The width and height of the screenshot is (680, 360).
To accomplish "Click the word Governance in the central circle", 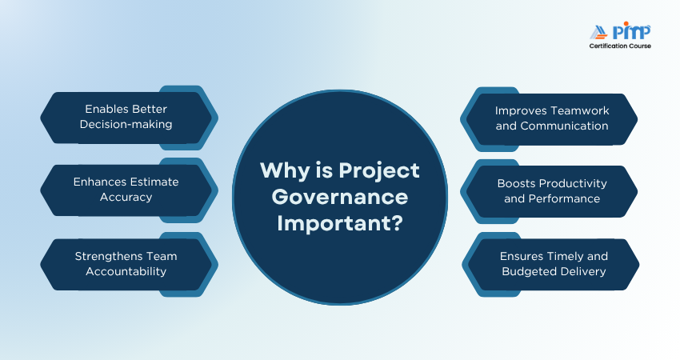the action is click(x=340, y=198).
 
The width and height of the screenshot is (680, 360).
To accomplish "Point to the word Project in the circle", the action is click(x=379, y=171).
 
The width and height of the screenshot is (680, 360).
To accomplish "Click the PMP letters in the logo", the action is click(x=631, y=31).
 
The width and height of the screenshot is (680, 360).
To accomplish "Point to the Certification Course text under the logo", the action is click(x=620, y=46).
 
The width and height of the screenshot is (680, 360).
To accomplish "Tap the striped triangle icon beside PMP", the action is click(x=599, y=33).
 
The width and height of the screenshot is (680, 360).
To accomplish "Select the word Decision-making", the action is click(x=126, y=125).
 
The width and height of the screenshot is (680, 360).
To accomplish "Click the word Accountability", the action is click(x=126, y=272).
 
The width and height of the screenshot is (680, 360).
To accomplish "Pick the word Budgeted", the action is click(x=524, y=272).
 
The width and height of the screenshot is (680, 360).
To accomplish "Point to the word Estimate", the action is click(x=154, y=182).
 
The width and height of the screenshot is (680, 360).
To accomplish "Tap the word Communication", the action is click(x=564, y=126).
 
